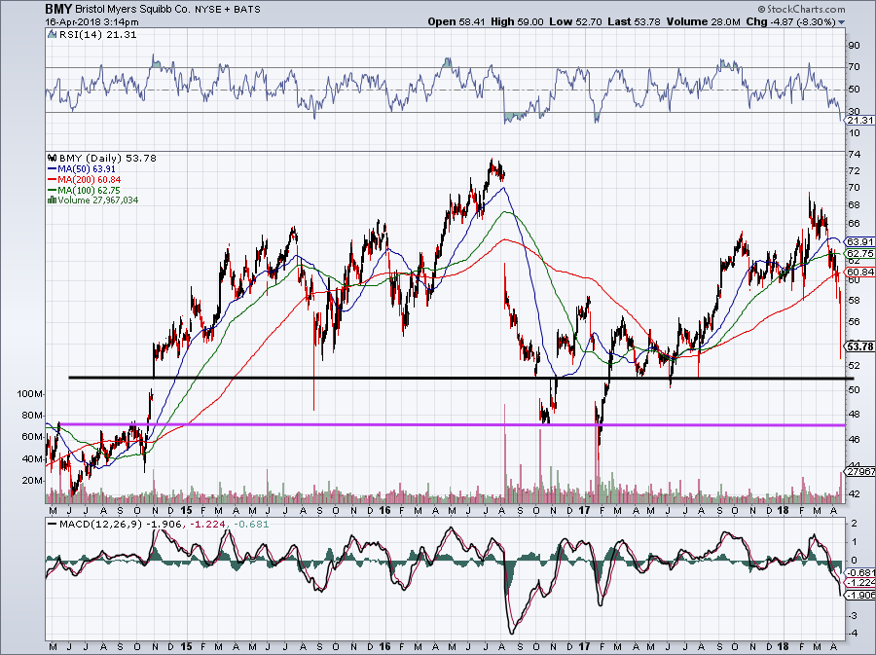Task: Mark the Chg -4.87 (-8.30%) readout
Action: point(804,20)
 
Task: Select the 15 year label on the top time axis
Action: point(184,510)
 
